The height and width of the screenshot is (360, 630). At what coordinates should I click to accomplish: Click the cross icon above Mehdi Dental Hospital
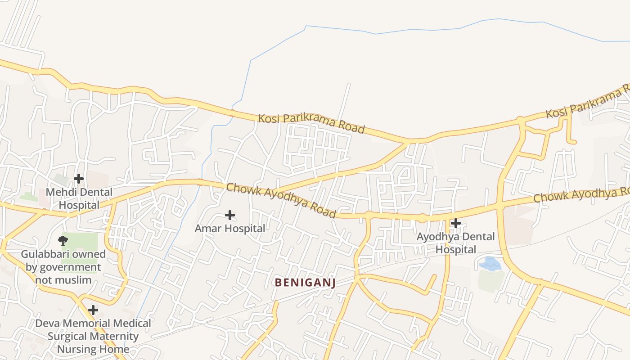79,179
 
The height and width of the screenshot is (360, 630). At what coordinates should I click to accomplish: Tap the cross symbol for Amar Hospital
230,215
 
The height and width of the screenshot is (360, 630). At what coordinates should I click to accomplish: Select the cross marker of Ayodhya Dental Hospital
456,223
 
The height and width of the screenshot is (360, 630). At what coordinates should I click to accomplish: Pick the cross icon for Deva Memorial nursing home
93,310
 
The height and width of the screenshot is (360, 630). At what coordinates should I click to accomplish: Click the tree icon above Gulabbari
63,241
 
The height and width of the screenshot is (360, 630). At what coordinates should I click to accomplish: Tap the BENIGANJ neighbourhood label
305,283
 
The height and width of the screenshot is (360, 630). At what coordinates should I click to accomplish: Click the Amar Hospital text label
230,229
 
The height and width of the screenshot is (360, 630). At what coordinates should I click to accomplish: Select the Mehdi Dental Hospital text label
79,198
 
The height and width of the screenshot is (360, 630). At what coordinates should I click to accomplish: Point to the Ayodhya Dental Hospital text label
455,243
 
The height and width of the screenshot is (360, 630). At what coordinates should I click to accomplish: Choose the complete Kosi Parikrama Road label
311,123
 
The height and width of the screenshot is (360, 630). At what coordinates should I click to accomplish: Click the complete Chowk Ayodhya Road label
281,200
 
